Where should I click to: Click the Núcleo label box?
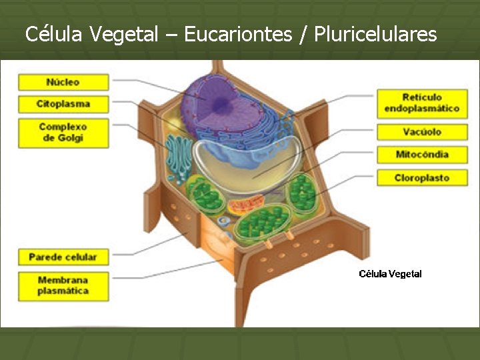[63, 82]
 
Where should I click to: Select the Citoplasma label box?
[63, 104]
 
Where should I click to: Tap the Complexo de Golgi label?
[63, 132]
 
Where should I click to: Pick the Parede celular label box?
[63, 257]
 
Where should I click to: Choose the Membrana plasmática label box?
[63, 285]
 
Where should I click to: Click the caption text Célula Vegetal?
[390, 274]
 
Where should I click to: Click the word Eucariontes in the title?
[238, 34]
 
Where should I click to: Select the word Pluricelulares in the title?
[375, 34]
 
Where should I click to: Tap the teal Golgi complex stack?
[179, 157]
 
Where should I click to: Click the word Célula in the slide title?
[55, 34]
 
